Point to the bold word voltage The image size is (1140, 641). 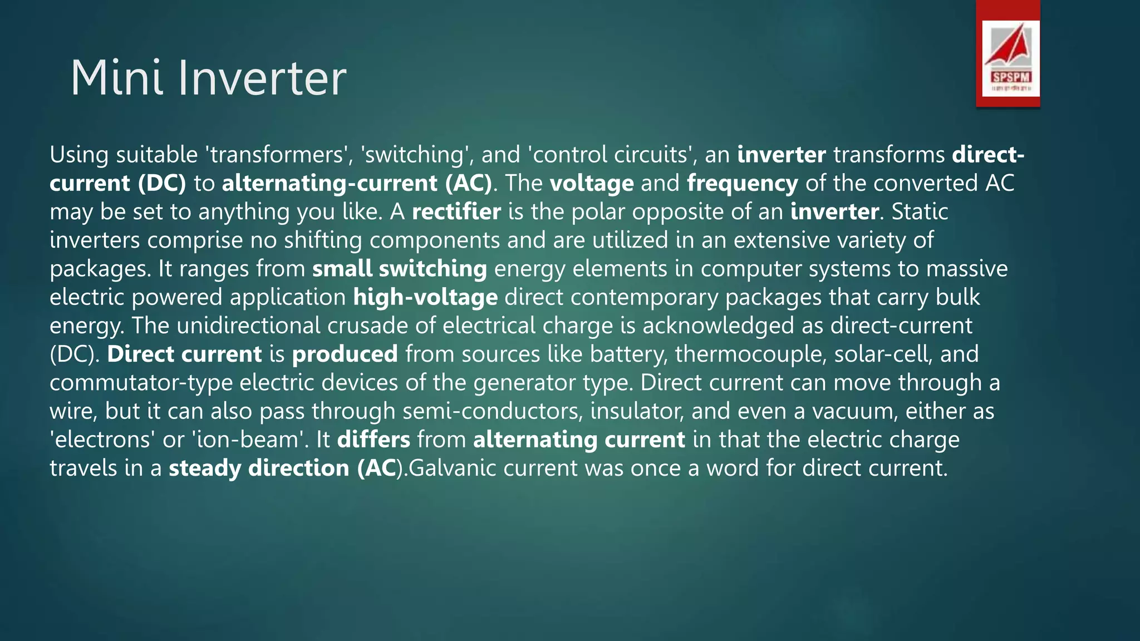click(x=591, y=183)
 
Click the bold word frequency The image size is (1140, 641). click(x=742, y=183)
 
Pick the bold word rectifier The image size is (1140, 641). click(x=456, y=211)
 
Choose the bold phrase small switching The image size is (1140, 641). click(x=399, y=269)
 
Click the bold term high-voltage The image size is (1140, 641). click(x=425, y=297)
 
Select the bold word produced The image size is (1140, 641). click(x=345, y=354)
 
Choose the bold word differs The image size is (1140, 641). click(x=374, y=440)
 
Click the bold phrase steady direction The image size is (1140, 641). click(x=258, y=468)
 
